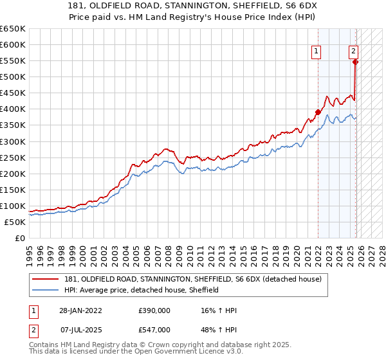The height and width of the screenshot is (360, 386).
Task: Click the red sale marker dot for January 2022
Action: point(318,112)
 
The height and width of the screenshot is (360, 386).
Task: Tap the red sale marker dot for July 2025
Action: point(354,62)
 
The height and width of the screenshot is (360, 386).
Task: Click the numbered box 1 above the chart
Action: point(317,52)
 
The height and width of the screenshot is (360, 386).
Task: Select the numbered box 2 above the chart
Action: point(353,52)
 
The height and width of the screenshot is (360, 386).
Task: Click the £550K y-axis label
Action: point(13,61)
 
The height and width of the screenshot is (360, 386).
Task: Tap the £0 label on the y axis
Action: point(19,238)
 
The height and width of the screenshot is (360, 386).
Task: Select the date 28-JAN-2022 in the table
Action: point(86,310)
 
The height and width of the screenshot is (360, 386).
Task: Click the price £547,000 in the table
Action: point(154,329)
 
